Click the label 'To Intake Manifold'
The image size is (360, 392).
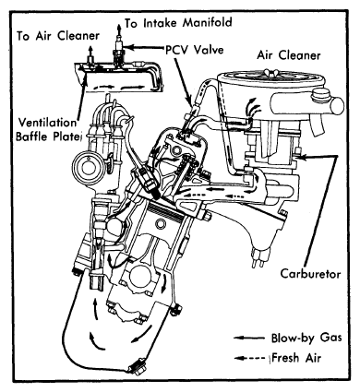coord(178,23)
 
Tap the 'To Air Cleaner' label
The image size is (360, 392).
coord(58,36)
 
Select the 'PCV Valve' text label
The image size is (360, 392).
coord(195,49)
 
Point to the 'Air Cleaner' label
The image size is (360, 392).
coord(289,55)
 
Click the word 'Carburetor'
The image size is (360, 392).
coord(310,274)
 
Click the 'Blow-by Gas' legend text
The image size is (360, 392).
coord(306,338)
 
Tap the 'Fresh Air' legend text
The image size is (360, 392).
coord(296,358)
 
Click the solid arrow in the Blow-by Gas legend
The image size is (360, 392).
coord(249,339)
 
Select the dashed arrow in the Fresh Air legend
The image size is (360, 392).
coord(249,358)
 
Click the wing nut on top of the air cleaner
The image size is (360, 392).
coord(271,72)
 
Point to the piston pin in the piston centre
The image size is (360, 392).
coord(161,223)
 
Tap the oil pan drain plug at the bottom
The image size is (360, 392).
coord(137,365)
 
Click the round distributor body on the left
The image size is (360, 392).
coord(88,166)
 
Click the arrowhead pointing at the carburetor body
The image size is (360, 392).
coord(302,157)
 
